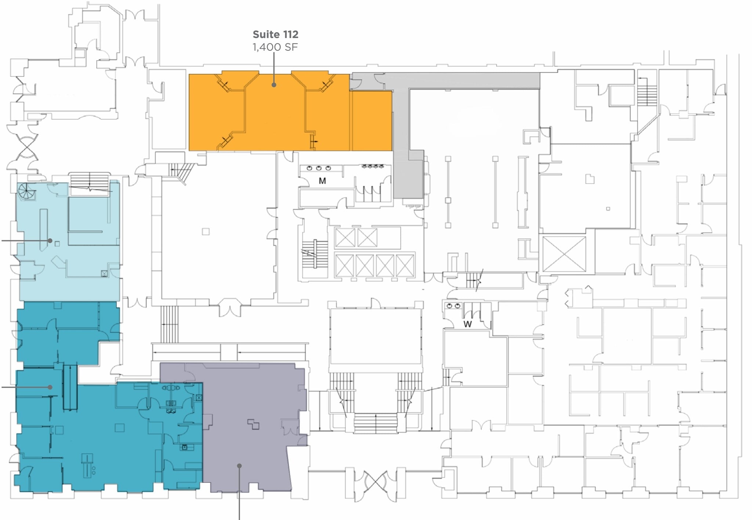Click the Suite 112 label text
point(275,35)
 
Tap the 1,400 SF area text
point(275,47)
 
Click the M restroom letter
point(322,181)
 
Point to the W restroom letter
point(467,324)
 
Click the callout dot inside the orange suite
point(274,85)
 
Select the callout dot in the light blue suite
point(50,241)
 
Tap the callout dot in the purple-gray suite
point(239,466)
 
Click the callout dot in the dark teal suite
point(50,387)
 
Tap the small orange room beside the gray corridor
point(372,121)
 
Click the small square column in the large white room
point(206,231)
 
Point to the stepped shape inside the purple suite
point(253,424)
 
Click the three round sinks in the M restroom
point(318,168)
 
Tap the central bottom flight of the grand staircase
point(375,423)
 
